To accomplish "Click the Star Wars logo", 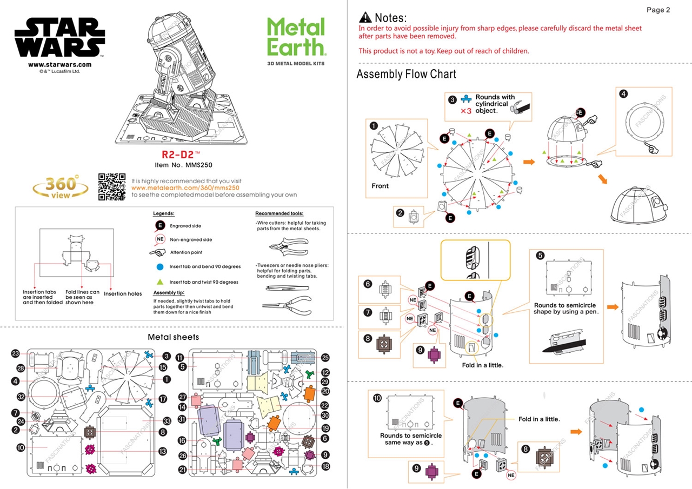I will [59, 38].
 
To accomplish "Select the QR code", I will [112, 187].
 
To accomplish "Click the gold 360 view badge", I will [61, 187].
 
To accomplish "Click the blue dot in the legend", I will [159, 267].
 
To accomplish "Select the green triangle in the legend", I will [159, 282].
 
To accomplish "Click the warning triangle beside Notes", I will [365, 18].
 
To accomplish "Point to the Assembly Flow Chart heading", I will [406, 74].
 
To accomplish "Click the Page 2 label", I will [658, 10].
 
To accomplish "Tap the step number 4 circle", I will [624, 93].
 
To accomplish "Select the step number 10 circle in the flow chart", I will [377, 398].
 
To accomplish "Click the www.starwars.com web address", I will [59, 65].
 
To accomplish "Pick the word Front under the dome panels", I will [380, 186].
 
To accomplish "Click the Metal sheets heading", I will [173, 337].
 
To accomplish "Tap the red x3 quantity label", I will [466, 111].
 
